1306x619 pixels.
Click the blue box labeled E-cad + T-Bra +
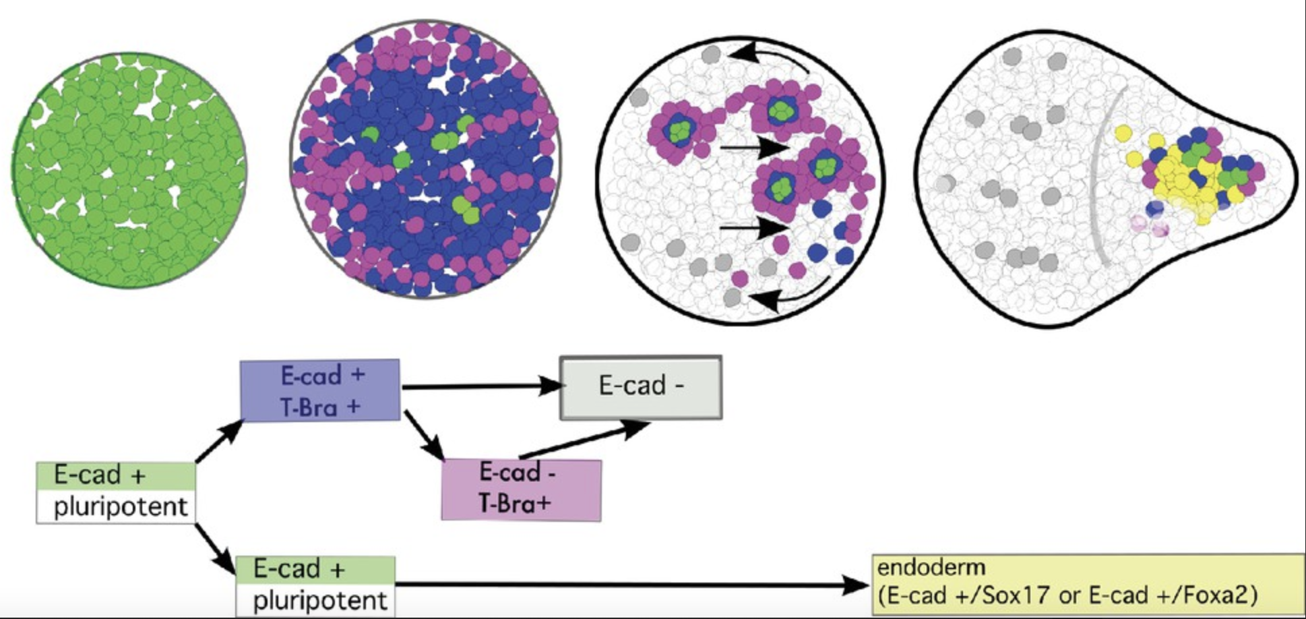320,390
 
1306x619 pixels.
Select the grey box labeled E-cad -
641,387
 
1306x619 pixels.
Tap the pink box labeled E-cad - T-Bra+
521,490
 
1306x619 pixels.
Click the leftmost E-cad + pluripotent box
116,492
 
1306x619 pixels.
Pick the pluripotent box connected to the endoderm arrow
315,585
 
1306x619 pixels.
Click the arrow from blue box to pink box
423,435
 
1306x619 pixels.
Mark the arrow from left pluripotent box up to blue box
218,441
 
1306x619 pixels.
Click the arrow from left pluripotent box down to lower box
216,546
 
